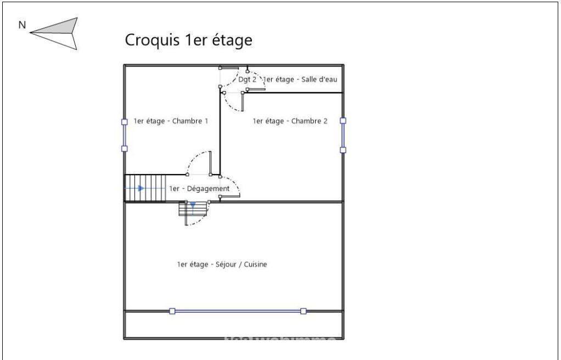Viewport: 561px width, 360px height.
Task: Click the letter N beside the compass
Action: point(21,25)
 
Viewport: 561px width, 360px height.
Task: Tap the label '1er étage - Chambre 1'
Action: point(171,121)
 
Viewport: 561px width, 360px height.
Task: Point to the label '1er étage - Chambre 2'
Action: point(290,121)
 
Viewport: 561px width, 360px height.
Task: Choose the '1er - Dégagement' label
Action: point(199,189)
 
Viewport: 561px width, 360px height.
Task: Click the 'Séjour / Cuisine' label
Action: point(222,265)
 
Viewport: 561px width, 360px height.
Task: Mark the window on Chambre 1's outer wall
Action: point(125,135)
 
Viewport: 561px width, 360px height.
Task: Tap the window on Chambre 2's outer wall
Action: point(343,135)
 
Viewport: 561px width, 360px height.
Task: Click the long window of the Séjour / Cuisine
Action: point(238,311)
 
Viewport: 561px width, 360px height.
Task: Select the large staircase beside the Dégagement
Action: point(145,188)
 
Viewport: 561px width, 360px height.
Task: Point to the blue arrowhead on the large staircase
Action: point(141,188)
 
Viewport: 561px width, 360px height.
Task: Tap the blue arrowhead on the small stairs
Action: point(193,205)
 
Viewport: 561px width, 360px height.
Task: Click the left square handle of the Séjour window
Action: point(172,311)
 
